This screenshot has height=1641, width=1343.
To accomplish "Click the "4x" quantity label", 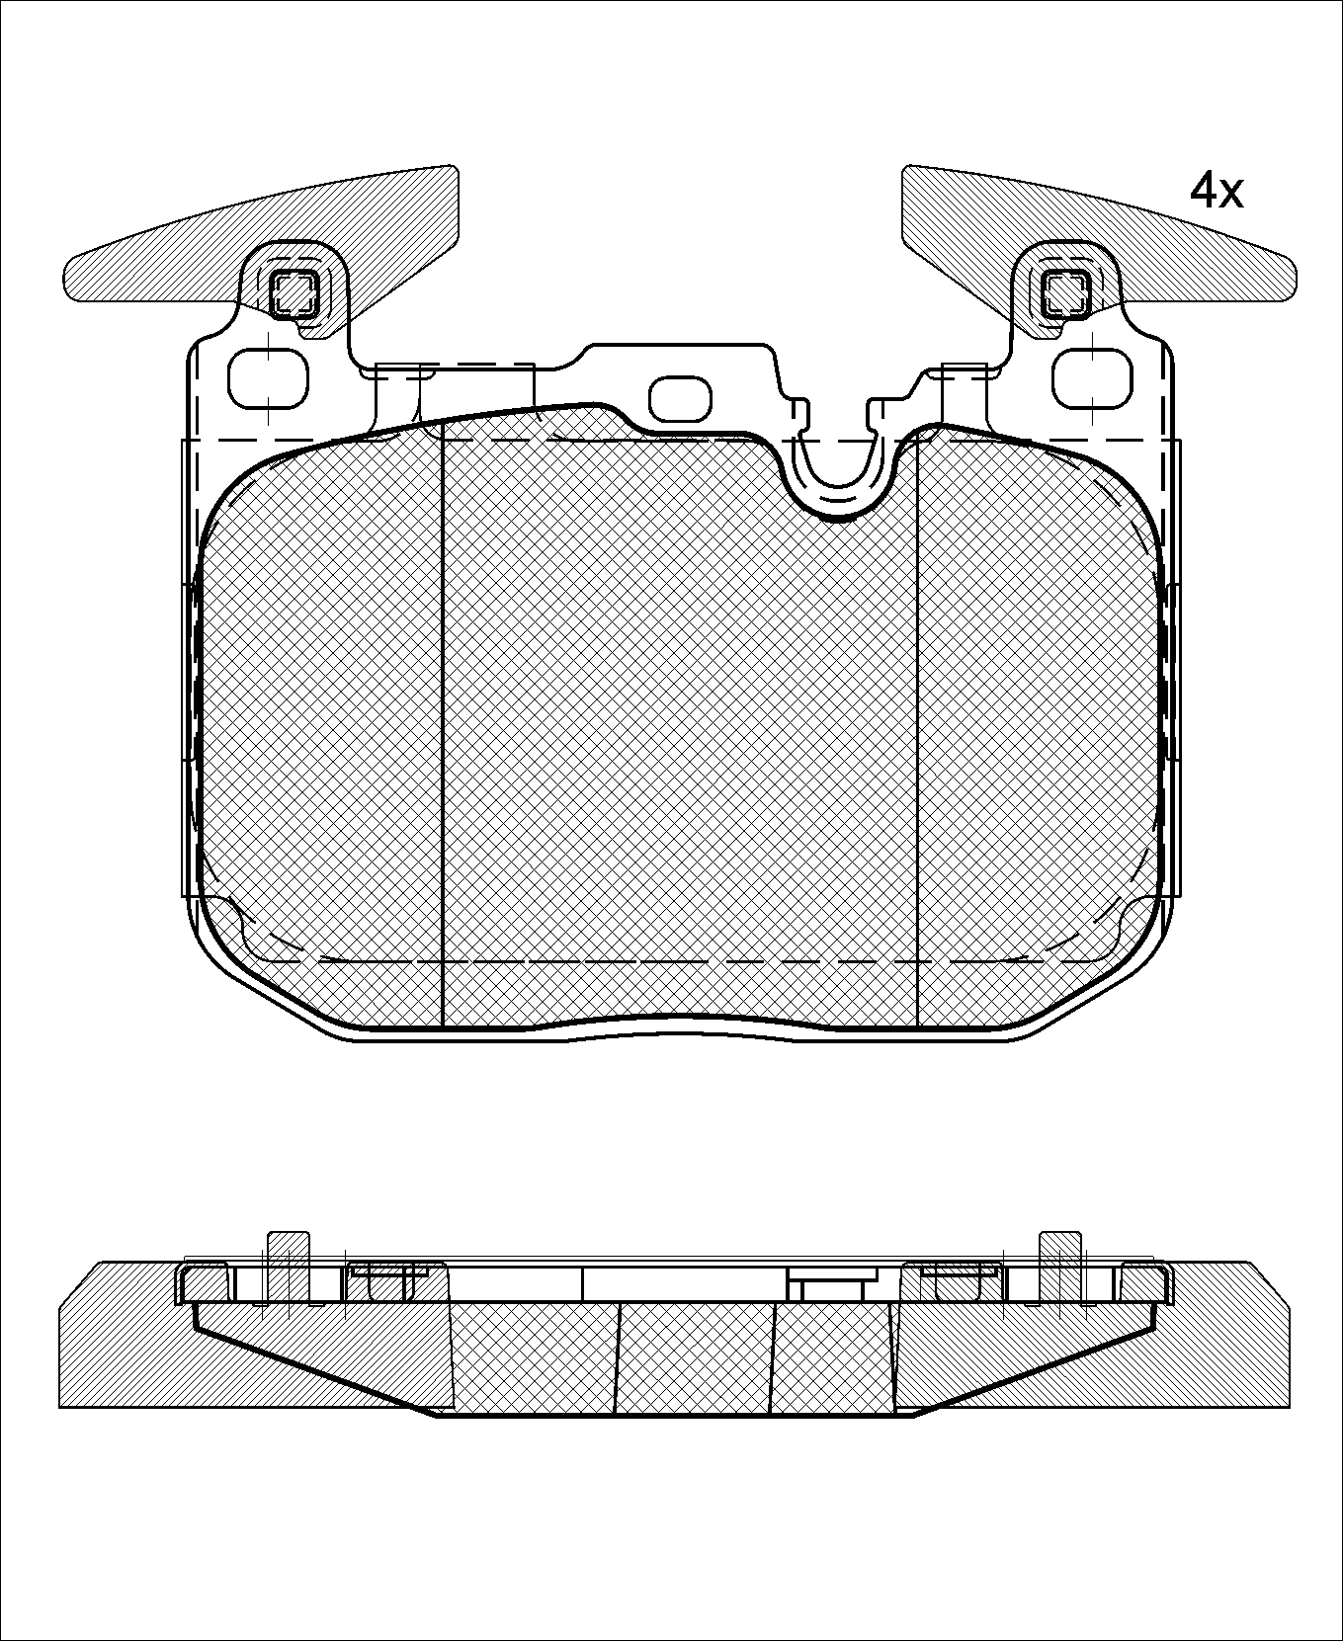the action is (1217, 191).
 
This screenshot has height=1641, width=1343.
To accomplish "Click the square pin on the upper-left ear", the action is (294, 291).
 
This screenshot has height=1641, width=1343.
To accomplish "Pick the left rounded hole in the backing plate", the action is (269, 378).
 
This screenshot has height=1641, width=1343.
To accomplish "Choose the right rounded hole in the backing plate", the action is (1092, 378).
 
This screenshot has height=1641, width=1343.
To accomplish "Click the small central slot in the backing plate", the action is (680, 398).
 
